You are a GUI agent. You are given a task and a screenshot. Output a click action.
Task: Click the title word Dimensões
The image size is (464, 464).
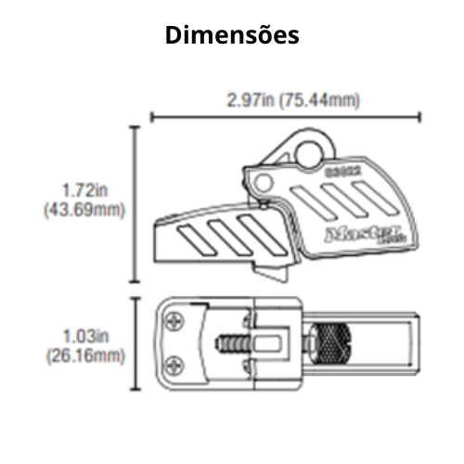point(232,35)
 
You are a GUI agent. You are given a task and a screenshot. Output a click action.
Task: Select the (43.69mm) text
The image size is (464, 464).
point(84,210)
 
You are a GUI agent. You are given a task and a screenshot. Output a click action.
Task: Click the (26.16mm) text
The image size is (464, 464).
point(84,354)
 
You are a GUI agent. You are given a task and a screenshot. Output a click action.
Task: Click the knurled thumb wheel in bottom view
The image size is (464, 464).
point(329,344)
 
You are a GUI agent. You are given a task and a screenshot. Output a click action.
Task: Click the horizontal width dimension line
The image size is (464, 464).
point(286,117)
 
